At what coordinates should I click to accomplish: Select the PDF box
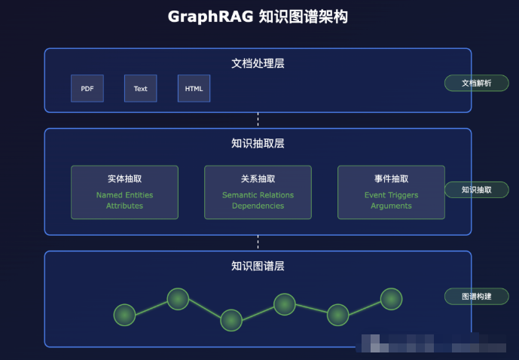tap(87, 89)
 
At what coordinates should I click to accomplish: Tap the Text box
tap(141, 89)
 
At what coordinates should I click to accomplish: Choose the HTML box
tap(194, 89)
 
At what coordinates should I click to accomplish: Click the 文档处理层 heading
tap(258, 63)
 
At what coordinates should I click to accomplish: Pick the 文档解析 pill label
tap(476, 84)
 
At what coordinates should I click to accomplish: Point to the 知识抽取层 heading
tap(258, 143)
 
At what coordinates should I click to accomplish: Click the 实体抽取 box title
tap(124, 179)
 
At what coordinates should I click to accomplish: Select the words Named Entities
tap(124, 195)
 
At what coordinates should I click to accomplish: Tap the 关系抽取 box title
tap(258, 179)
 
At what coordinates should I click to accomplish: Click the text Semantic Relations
tap(258, 195)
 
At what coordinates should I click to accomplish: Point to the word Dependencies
tap(258, 206)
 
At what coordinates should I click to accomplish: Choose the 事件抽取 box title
tap(391, 179)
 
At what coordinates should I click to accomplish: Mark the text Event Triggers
tap(391, 195)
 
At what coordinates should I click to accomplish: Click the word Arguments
tap(391, 206)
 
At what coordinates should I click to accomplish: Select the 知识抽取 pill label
tap(476, 190)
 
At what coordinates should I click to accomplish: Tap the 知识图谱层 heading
tap(258, 266)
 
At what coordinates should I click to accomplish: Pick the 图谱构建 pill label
tap(476, 296)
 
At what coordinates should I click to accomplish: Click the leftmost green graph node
tap(124, 315)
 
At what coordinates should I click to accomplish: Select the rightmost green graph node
tap(391, 299)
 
